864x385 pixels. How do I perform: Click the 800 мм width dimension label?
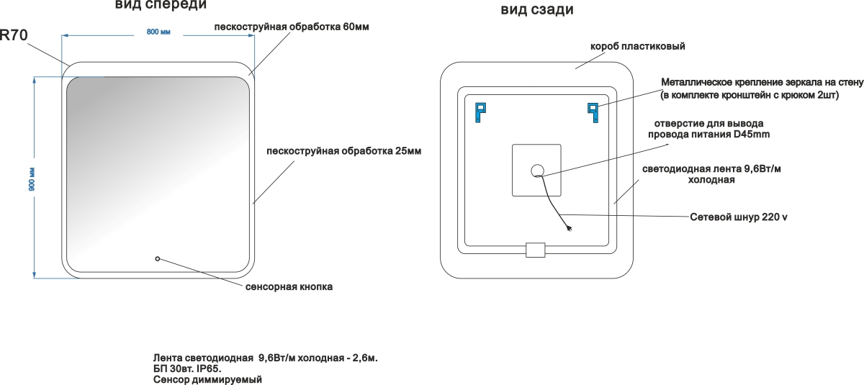coord(158,32)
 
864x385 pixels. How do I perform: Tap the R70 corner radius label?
coord(14,34)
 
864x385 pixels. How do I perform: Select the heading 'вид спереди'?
coord(161,5)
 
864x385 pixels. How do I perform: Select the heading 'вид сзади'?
coord(537,10)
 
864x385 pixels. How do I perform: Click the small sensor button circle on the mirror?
coord(158,258)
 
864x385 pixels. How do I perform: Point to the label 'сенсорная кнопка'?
coord(289,286)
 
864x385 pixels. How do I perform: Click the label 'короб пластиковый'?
coord(637,46)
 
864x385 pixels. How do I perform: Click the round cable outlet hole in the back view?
coord(537,171)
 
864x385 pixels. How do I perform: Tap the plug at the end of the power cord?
coord(570,230)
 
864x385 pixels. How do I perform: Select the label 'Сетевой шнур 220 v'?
coord(738,217)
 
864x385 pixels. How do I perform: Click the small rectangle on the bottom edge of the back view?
coord(536,250)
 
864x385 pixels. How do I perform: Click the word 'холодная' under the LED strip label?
coord(711,180)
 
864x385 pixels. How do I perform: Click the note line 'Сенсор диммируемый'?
coord(207,379)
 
